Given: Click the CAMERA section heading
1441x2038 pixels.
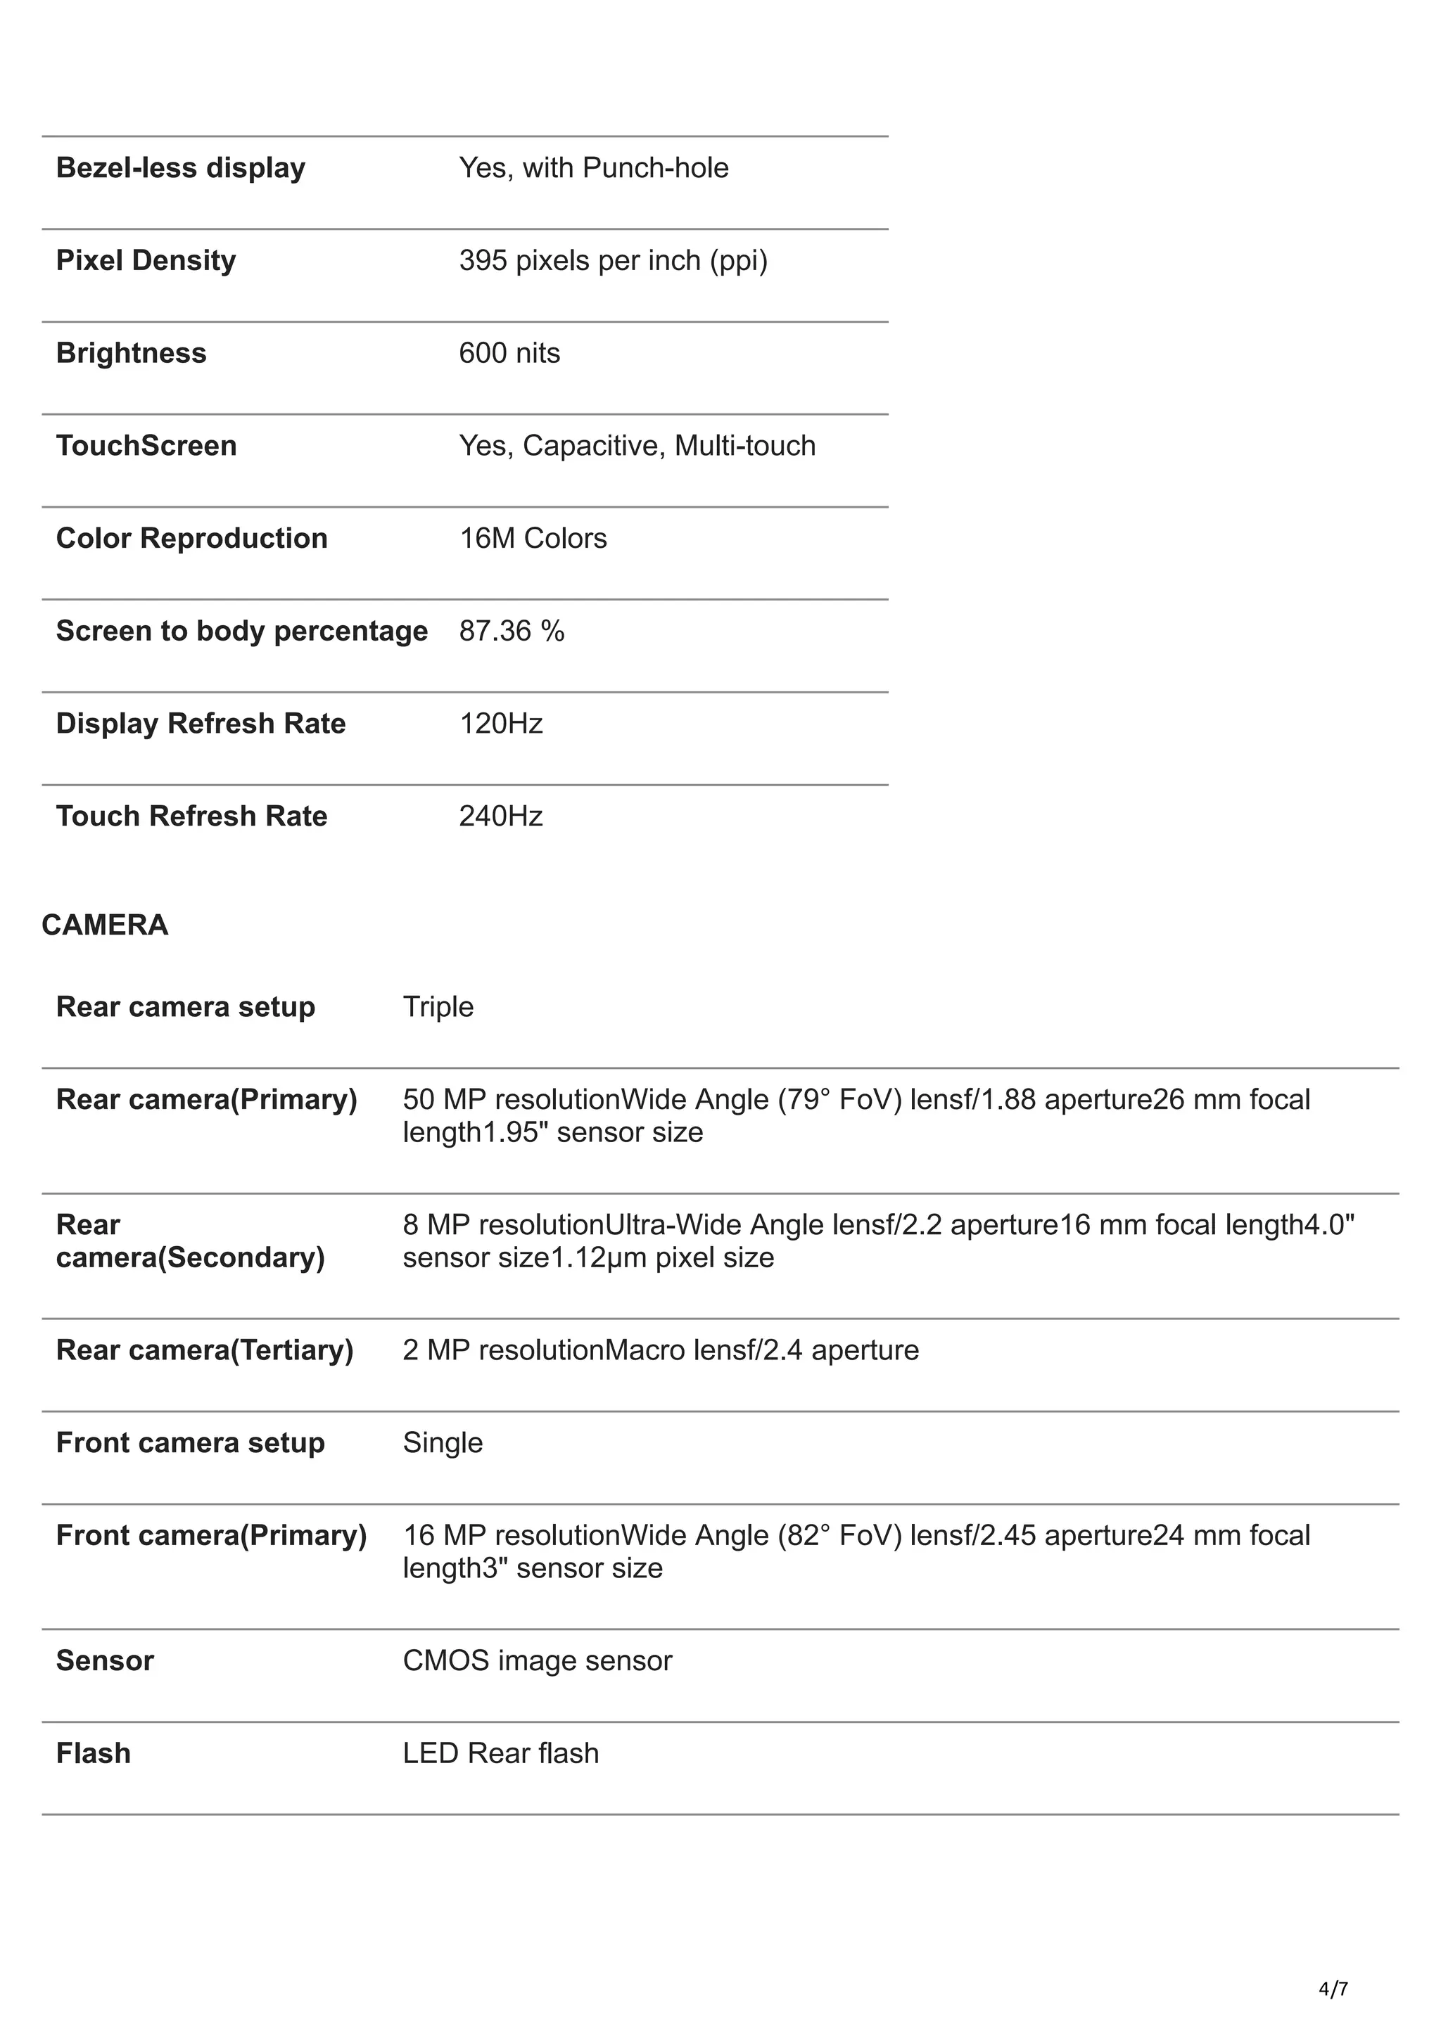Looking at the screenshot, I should tap(105, 925).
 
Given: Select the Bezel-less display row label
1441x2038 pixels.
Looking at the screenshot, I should tap(180, 168).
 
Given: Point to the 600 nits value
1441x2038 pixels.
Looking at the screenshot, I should tap(509, 353).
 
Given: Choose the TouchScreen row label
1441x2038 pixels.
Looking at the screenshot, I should tap(146, 446).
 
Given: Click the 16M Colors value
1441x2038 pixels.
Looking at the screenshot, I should tap(533, 538).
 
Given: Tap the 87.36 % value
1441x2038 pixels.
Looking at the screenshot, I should tap(512, 631).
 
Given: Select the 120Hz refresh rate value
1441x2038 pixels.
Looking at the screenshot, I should tap(501, 724).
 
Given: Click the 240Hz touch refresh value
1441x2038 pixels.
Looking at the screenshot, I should tap(501, 816).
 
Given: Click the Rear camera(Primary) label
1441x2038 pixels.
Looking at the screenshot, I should tap(206, 1099).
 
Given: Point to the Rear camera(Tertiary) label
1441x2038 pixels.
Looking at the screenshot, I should tap(204, 1350).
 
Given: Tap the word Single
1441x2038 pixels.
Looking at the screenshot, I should tap(442, 1442).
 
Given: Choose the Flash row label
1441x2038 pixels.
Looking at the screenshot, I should tap(93, 1753).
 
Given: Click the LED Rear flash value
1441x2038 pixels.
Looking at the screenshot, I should tap(501, 1753).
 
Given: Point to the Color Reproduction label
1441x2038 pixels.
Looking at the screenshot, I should tap(192, 538).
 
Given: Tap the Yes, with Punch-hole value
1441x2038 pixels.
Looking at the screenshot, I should tap(593, 168).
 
